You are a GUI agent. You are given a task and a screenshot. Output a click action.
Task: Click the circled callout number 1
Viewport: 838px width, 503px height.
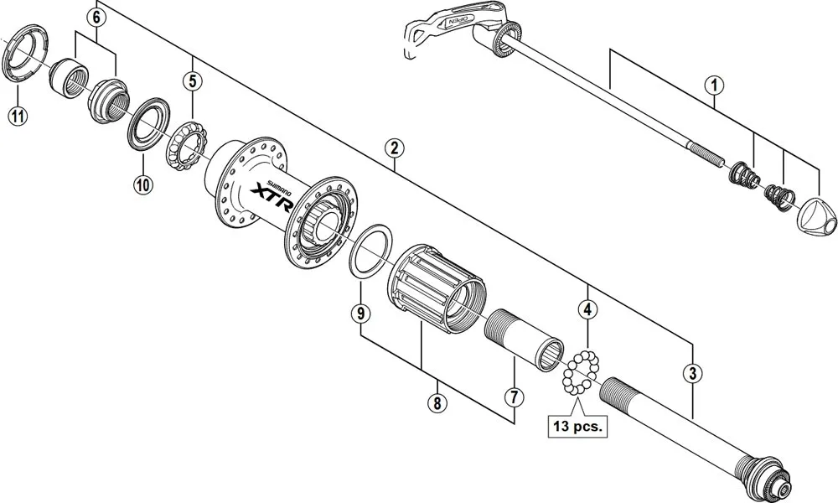point(714,85)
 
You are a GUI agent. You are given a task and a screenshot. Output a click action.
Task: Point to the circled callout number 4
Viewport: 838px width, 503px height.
point(588,309)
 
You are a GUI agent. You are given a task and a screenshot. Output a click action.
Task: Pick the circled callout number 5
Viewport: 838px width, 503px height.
point(193,81)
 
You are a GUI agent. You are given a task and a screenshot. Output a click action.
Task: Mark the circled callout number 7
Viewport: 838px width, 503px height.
point(513,396)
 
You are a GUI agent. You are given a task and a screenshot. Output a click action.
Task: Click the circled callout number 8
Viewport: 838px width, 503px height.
point(435,403)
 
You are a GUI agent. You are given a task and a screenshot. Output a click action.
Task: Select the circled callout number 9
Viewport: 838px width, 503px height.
point(360,314)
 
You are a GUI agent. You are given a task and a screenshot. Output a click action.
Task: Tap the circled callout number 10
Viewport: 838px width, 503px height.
point(141,185)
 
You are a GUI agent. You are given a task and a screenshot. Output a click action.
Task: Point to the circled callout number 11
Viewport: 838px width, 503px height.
point(17,116)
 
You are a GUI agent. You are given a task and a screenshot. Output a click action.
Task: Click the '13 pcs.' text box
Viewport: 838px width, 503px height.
point(577,425)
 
